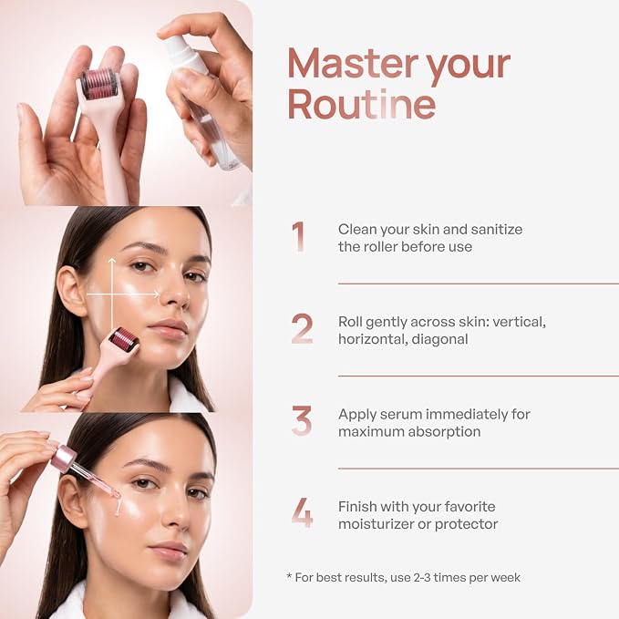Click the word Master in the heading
point(353,64)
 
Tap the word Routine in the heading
point(361,103)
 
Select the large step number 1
point(298,236)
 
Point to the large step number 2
point(302,329)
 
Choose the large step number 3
point(302,421)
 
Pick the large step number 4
point(303,513)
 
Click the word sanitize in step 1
point(497,229)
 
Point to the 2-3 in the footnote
point(421,578)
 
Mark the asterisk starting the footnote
point(289,575)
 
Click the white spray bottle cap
point(184,54)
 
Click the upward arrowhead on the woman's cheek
point(112,261)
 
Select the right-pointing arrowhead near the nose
point(156,294)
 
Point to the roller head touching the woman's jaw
point(123,339)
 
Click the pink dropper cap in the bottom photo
point(63,457)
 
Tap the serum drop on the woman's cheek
point(118,506)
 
